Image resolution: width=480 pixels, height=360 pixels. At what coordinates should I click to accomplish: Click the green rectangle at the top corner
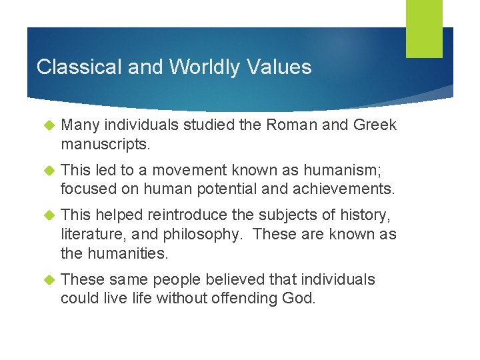pos(425,29)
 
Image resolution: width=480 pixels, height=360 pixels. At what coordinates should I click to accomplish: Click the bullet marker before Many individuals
pos(47,125)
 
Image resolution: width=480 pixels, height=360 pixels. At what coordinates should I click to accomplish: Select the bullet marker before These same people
pos(47,280)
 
